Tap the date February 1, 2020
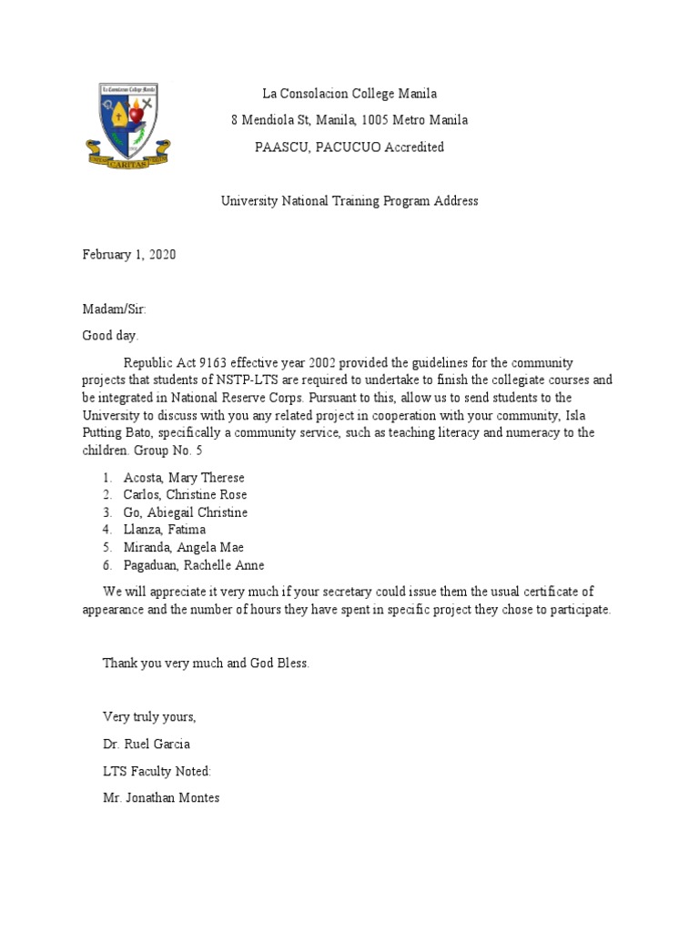[129, 255]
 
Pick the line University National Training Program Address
[349, 201]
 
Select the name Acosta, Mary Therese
[185, 478]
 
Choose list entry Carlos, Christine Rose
[186, 495]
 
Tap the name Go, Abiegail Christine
[186, 512]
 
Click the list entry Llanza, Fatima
[165, 530]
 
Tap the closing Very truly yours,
[149, 716]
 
